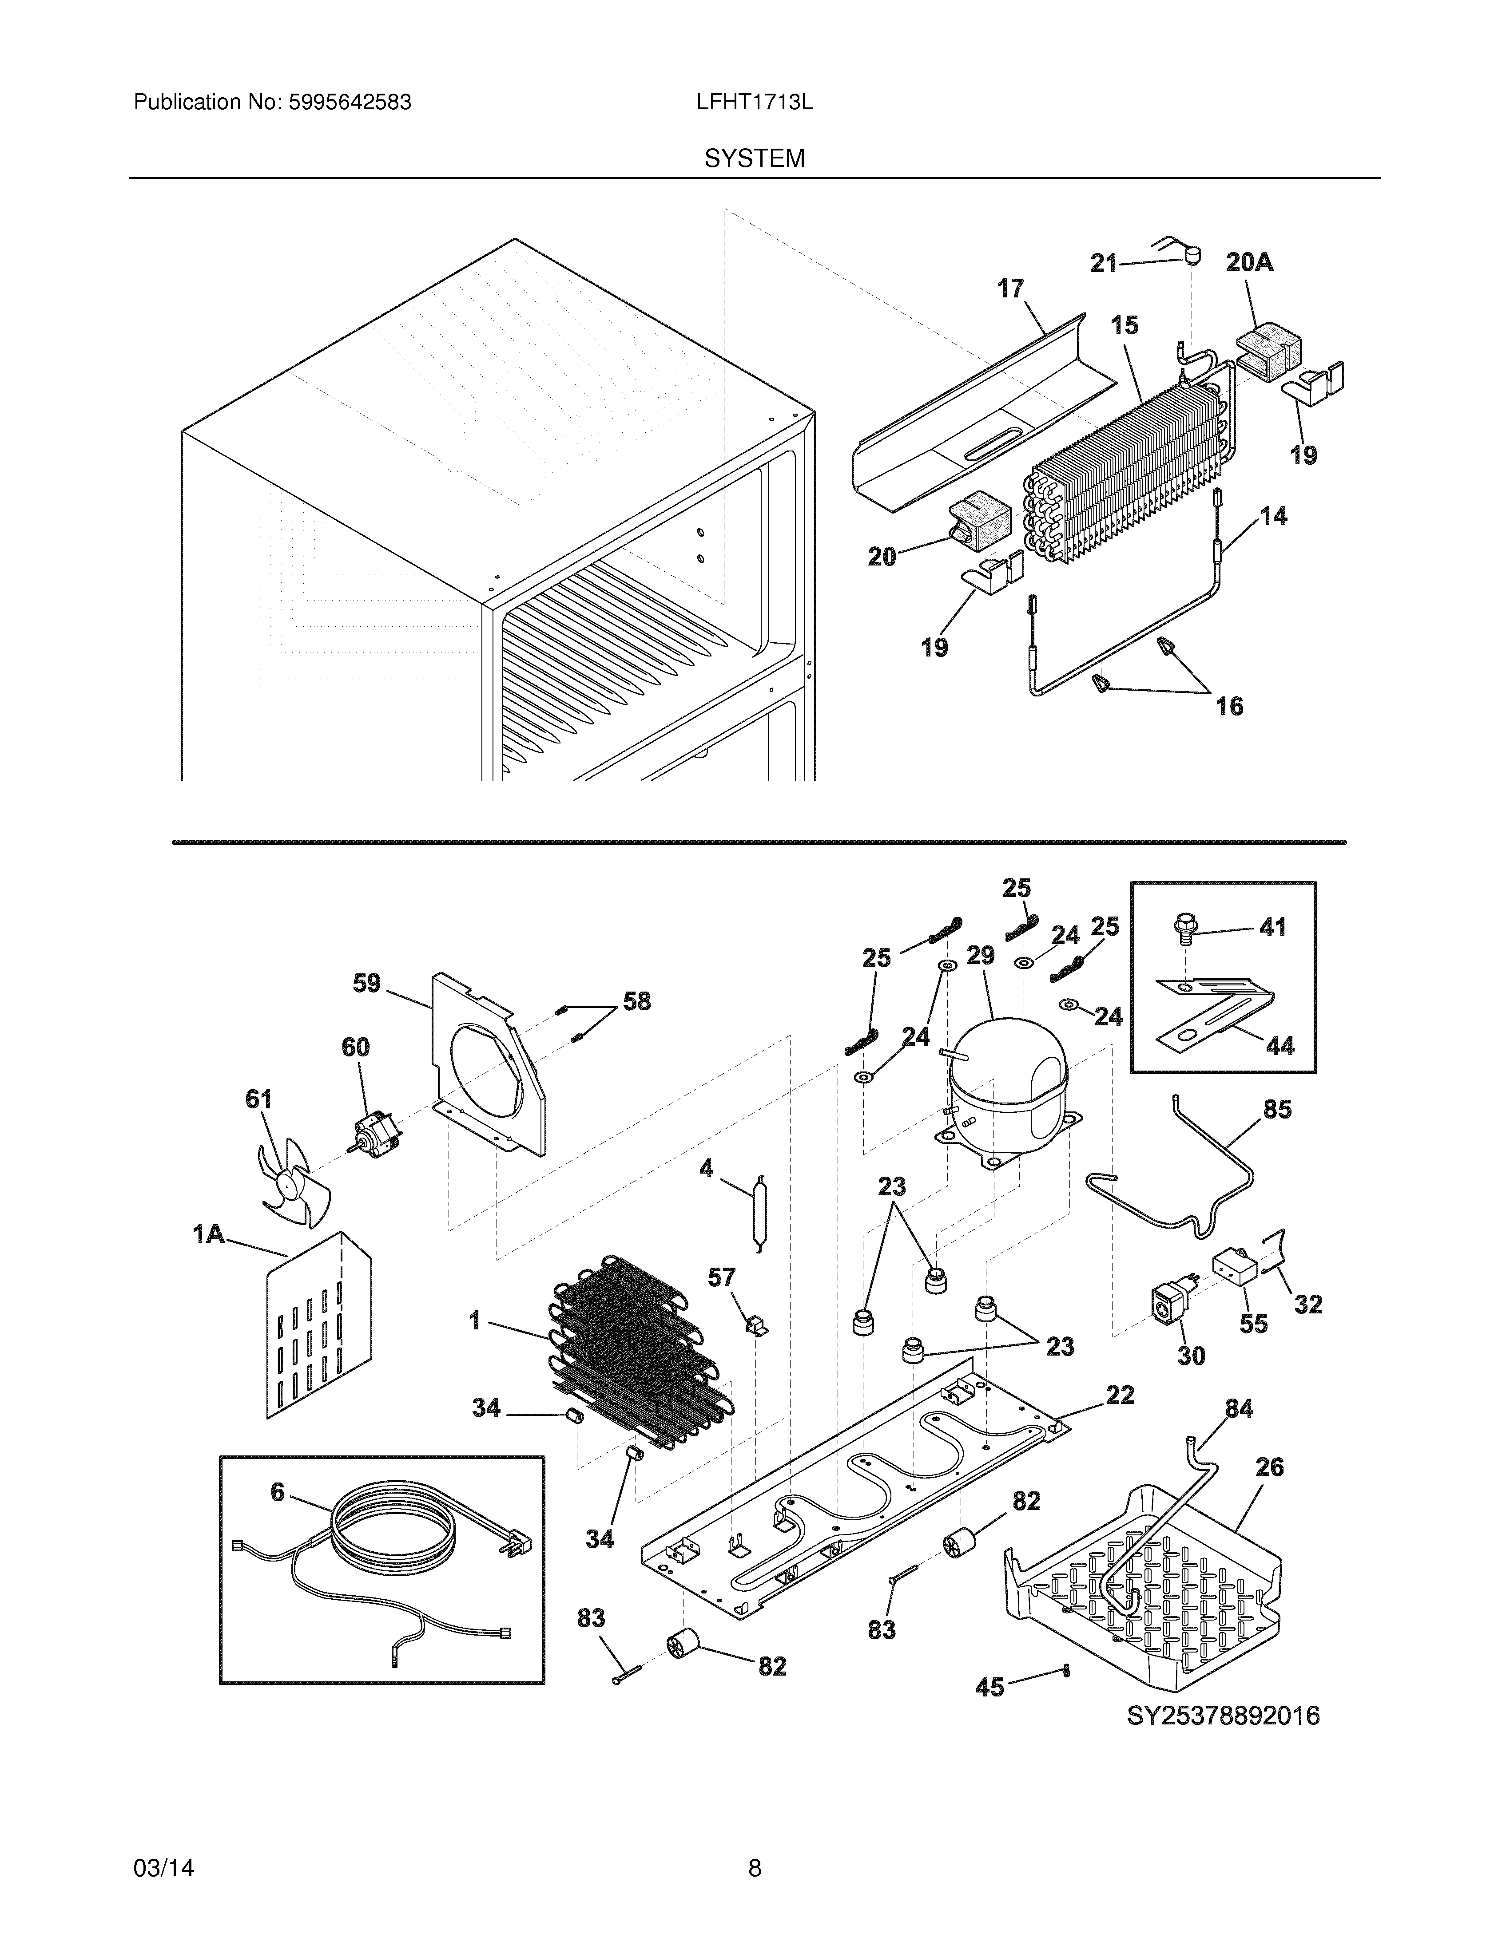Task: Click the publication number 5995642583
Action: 350,103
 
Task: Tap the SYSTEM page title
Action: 754,159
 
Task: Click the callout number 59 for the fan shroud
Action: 367,984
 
